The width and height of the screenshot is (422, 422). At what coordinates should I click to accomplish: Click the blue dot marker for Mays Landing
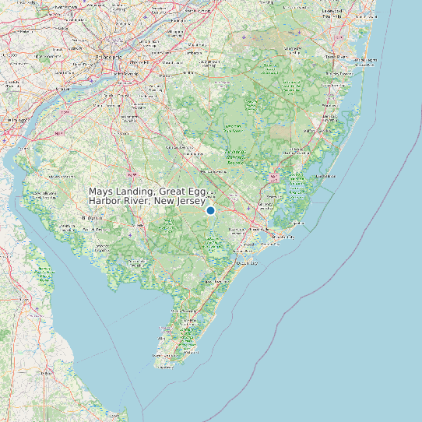tap(210, 211)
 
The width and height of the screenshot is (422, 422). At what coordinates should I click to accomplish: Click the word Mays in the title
tap(99, 192)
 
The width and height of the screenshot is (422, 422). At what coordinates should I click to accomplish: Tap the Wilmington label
tap(17, 121)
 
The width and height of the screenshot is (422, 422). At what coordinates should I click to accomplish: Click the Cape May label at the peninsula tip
tap(165, 356)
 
